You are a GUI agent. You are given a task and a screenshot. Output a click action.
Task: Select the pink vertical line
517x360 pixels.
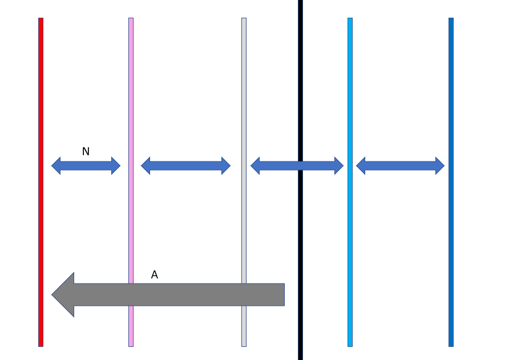point(131,86)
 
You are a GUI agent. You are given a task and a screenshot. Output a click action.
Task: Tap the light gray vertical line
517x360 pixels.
point(244,86)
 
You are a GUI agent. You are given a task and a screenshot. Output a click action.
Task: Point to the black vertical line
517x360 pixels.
point(300,86)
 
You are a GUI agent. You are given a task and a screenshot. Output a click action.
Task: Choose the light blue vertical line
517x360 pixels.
point(350,86)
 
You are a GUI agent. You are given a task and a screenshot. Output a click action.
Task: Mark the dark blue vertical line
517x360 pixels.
point(451,86)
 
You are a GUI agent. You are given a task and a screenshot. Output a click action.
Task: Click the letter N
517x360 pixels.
point(86,152)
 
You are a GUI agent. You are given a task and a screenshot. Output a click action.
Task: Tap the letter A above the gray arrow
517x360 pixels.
point(154,275)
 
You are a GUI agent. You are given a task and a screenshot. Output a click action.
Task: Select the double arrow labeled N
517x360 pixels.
point(86,165)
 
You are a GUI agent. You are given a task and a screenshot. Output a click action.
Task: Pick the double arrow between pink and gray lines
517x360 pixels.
point(185,165)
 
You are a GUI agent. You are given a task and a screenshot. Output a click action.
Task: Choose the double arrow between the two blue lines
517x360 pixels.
point(400,165)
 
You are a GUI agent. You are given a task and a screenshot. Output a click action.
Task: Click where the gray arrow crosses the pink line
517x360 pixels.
point(131,294)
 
